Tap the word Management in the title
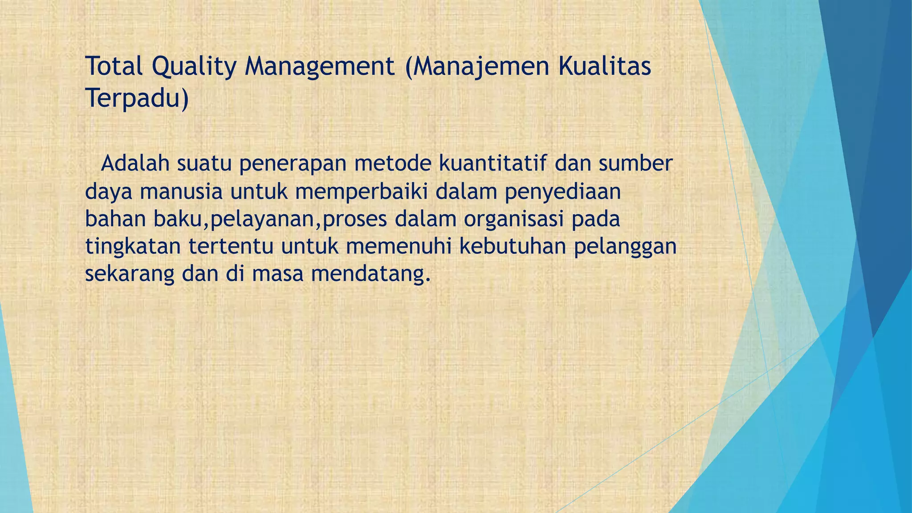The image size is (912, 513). pos(319,67)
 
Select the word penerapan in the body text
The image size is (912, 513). pos(293,164)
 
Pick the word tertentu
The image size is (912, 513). pos(231,247)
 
